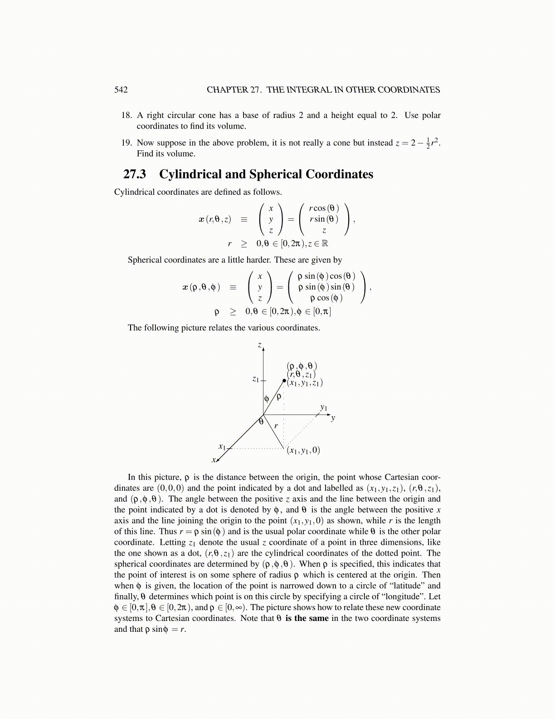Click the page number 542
[121, 90]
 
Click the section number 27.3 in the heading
[135, 174]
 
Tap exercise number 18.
[127, 115]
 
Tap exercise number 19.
[127, 143]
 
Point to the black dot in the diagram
[285, 380]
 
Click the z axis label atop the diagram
[259, 345]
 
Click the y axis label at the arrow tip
[333, 418]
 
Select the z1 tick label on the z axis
[256, 379]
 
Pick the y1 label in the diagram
[323, 408]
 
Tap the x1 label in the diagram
[222, 447]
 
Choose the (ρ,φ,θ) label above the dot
[302, 366]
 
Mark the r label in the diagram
[276, 426]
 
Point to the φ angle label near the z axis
[267, 398]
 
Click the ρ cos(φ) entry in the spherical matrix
[326, 298]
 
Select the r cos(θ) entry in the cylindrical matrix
[324, 208]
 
